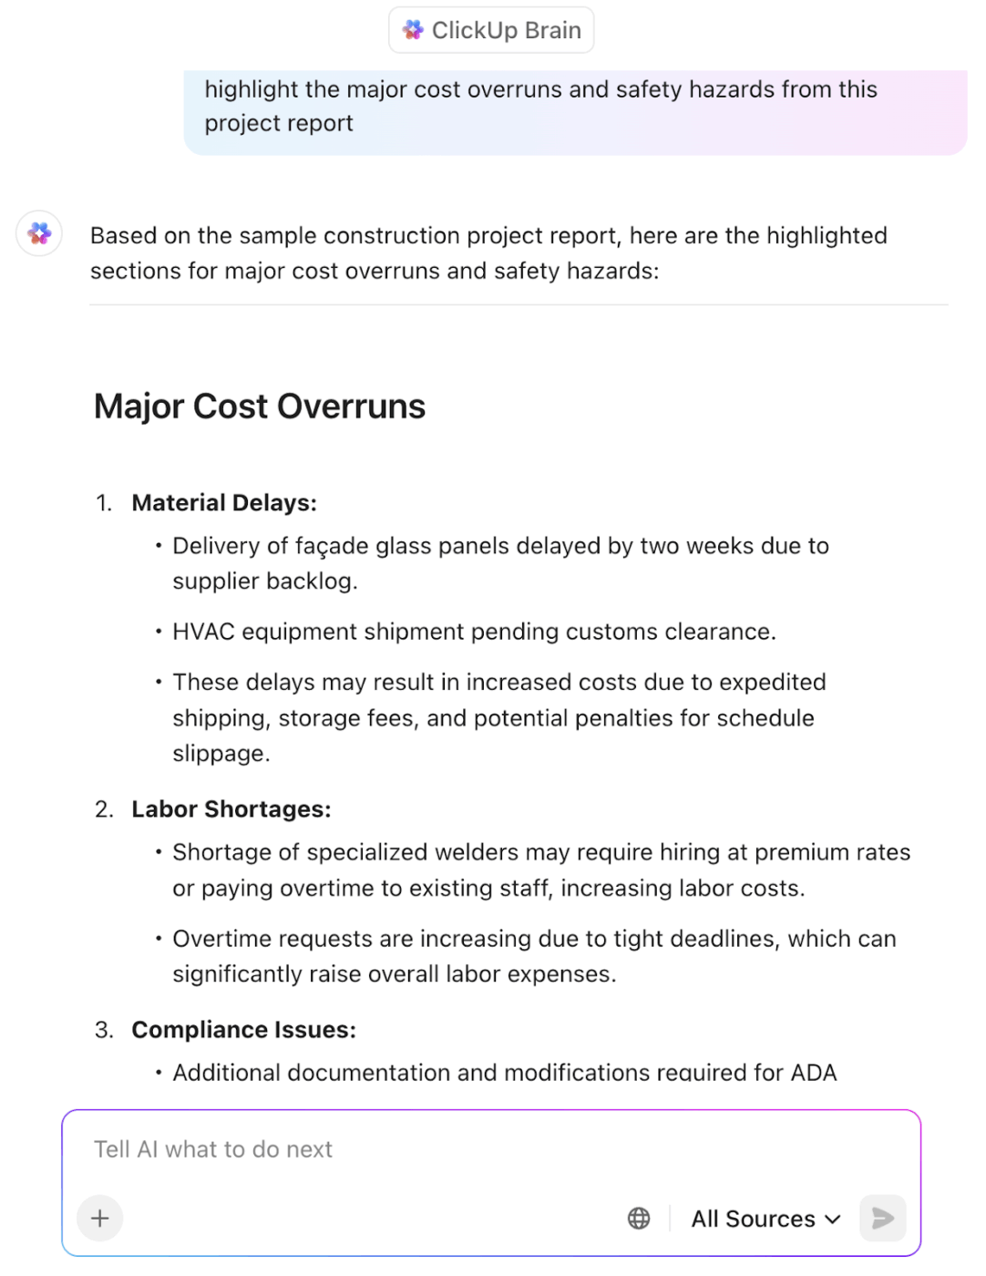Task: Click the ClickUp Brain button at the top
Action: tap(491, 30)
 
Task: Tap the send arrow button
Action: tap(882, 1218)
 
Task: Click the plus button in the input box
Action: tap(100, 1218)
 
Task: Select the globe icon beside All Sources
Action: tap(639, 1219)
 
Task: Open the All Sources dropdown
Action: tap(765, 1219)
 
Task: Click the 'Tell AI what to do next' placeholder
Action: tap(213, 1149)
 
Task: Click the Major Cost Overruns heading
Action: tap(260, 406)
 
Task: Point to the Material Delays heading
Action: tap(224, 503)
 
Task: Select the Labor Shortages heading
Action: tap(231, 809)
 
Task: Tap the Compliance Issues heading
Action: tap(244, 1030)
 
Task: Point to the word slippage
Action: tap(221, 754)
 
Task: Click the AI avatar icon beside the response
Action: tap(39, 234)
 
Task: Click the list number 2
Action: tap(104, 809)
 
